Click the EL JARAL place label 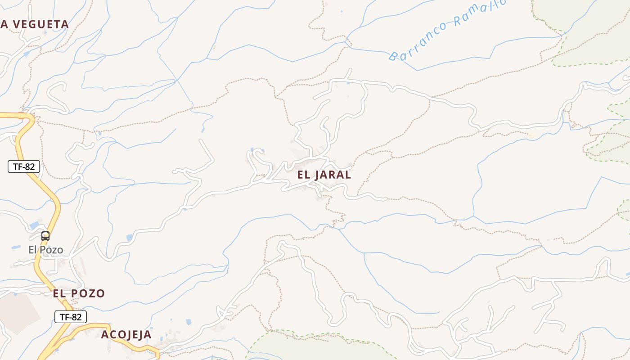click(324, 175)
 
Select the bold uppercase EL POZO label click(79, 293)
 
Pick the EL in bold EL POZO click(59, 293)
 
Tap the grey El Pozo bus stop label click(46, 250)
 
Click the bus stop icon click(45, 236)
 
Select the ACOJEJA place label click(126, 335)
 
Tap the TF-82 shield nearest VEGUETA click(24, 166)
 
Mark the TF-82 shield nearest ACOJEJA click(71, 317)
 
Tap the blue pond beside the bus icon click(34, 225)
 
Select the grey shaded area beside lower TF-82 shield click(18, 315)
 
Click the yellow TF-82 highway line click(54, 202)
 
